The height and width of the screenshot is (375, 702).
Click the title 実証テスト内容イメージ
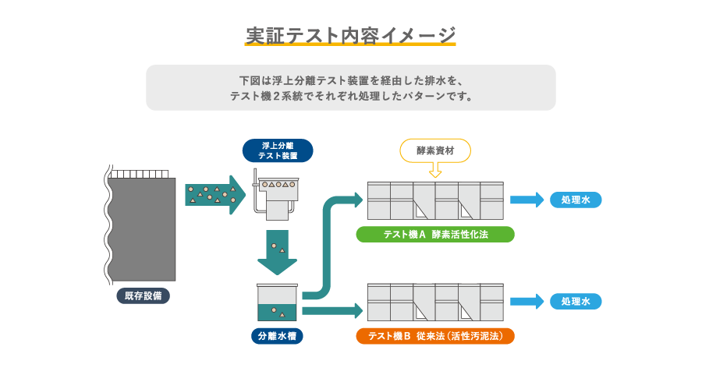pos(350,35)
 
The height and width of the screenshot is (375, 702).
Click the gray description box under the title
pos(350,87)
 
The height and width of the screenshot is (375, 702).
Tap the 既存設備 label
pos(143,295)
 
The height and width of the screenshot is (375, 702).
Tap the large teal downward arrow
pos(277,252)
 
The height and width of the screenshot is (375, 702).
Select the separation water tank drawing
pos(277,302)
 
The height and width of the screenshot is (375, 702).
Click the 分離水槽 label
pos(277,337)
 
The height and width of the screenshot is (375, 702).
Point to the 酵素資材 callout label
pos(435,150)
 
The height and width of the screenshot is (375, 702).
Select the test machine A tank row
pos(435,200)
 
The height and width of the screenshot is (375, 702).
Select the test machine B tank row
pos(435,302)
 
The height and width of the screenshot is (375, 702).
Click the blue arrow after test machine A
pos(526,200)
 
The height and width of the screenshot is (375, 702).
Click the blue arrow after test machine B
pos(526,302)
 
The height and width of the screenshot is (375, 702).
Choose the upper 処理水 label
pos(576,200)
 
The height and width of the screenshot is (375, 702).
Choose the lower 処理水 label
pos(576,302)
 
